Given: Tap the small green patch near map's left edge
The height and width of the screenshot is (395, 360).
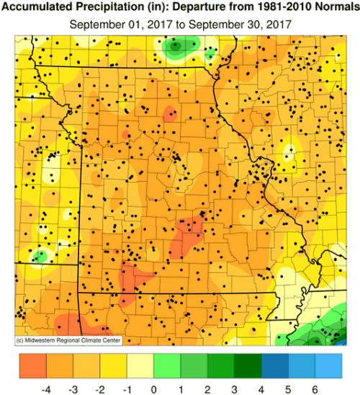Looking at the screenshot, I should (40, 255).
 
